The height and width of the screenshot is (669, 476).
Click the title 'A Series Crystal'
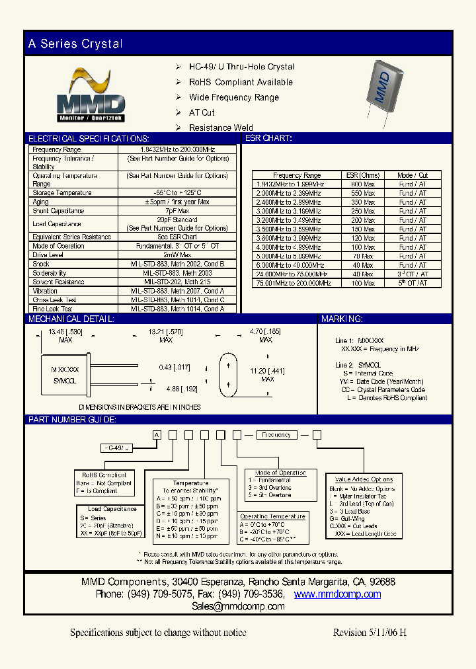[75, 44]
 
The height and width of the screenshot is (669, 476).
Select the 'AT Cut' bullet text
[202, 112]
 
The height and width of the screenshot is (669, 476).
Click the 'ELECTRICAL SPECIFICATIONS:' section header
[88, 139]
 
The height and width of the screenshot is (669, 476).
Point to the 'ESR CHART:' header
[268, 139]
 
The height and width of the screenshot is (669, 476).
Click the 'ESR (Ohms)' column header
[363, 175]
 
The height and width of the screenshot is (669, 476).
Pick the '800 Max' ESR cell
[363, 184]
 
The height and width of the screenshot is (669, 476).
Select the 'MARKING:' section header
[342, 319]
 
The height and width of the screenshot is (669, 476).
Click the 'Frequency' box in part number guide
[276, 435]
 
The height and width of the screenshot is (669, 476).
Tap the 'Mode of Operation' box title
[280, 473]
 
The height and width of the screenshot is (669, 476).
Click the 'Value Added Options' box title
[364, 479]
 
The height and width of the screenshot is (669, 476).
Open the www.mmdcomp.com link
[337, 594]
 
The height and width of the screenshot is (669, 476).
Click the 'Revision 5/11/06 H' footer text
[370, 633]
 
